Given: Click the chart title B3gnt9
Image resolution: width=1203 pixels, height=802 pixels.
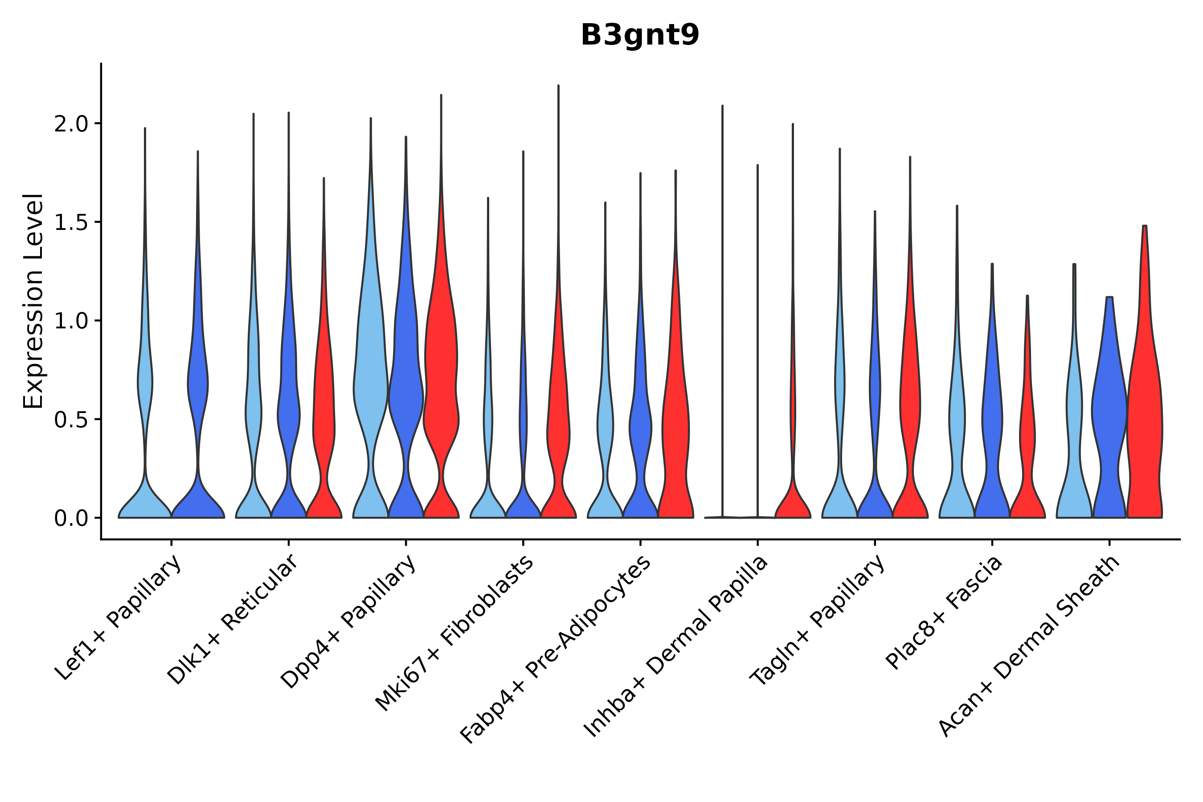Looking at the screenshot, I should coord(639,36).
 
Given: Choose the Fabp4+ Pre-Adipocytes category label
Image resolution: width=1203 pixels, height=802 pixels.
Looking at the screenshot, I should coord(556,649).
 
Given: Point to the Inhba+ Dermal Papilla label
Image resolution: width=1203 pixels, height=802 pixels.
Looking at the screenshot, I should coord(675,647).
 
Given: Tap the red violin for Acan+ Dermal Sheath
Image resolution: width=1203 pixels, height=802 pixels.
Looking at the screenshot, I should coord(1145,409).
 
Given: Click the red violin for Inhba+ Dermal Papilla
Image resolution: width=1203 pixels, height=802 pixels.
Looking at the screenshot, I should coord(793,501).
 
